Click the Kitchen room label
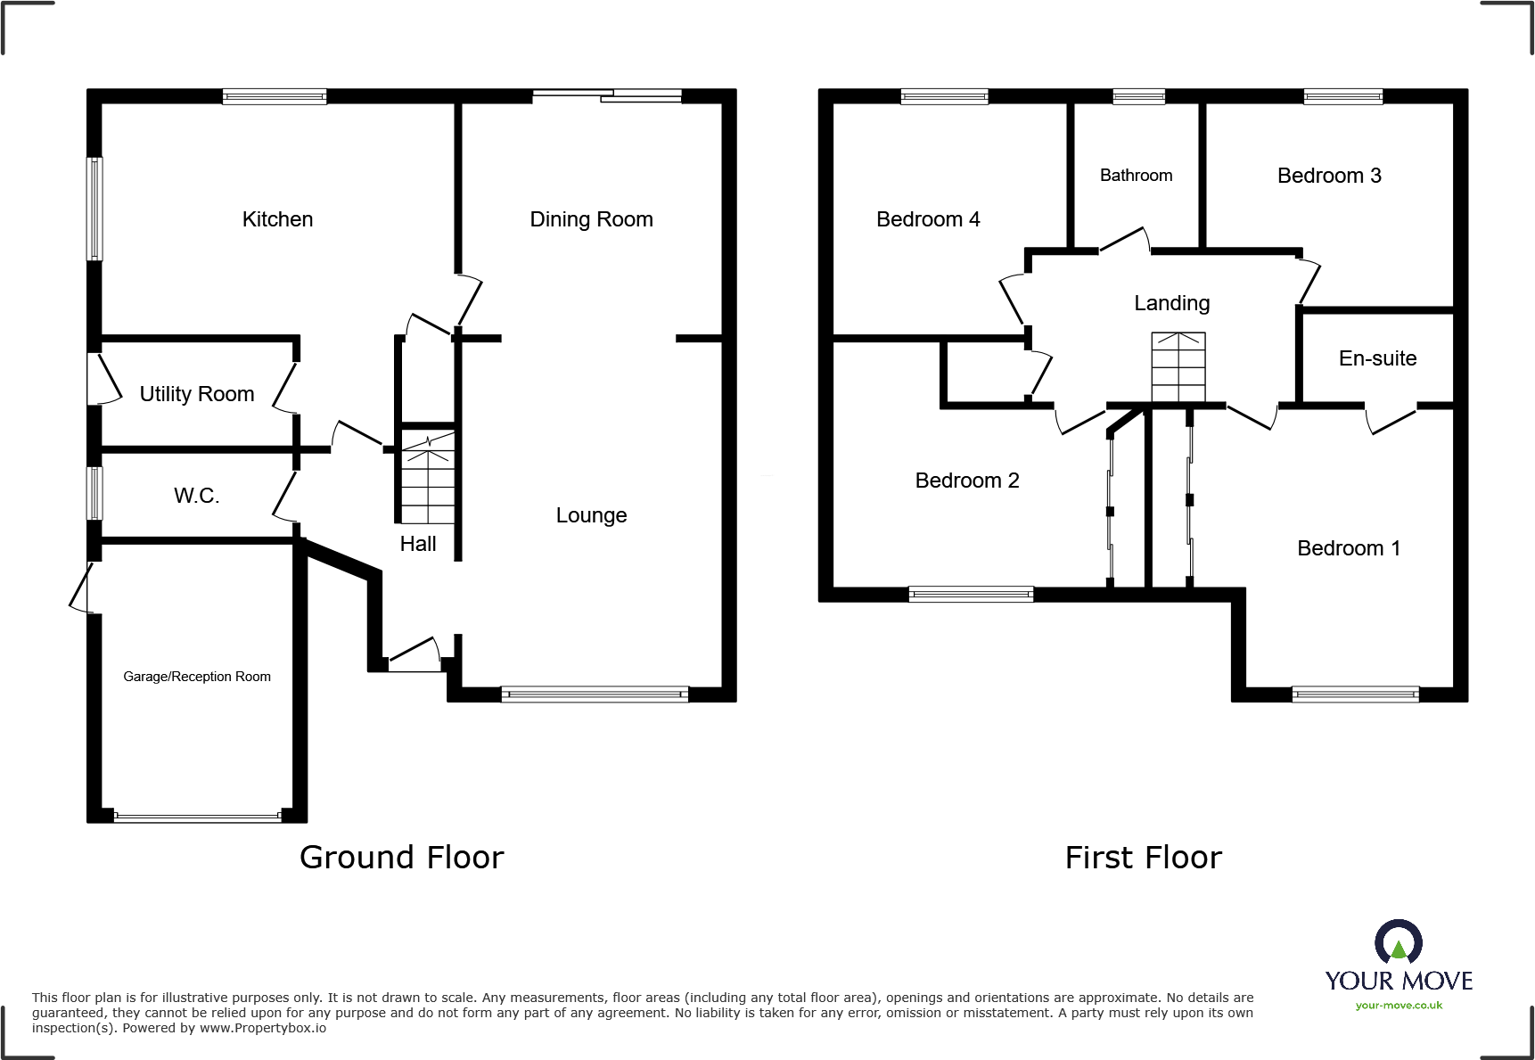click(277, 219)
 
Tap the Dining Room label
click(591, 219)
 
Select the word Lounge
click(591, 515)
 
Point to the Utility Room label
click(197, 394)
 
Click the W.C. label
click(196, 496)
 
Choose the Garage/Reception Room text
click(197, 677)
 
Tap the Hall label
click(418, 544)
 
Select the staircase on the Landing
click(1178, 367)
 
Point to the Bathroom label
click(1136, 176)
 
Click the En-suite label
click(1377, 358)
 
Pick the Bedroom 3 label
click(1329, 176)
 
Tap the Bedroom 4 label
click(928, 219)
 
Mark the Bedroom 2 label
click(967, 481)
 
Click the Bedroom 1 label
click(1349, 548)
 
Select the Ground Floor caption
click(401, 858)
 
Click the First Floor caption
click(1144, 858)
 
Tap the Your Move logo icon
click(1399, 941)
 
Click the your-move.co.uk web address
click(1399, 1006)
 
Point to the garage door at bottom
click(197, 816)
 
